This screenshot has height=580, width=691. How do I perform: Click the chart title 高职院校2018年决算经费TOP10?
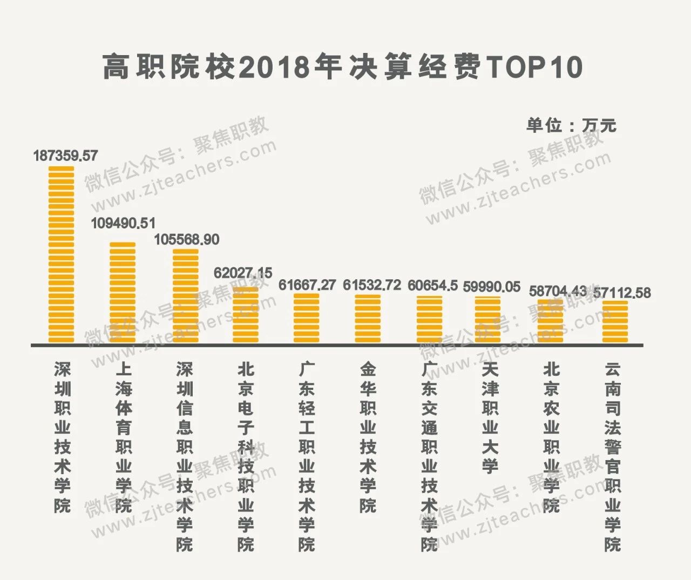(343, 68)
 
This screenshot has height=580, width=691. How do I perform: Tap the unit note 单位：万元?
(571, 125)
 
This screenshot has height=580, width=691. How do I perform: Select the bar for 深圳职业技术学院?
(61, 254)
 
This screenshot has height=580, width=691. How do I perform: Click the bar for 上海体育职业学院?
(123, 292)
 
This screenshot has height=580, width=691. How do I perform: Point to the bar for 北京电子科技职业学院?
(245, 315)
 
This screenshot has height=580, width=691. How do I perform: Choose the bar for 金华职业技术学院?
(368, 318)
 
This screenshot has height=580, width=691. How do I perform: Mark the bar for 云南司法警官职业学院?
(615, 321)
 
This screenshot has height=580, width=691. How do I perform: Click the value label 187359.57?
(65, 156)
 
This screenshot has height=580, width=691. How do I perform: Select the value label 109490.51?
(123, 223)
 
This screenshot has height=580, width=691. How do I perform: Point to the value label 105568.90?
(187, 239)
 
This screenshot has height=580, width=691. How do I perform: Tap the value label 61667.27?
(307, 285)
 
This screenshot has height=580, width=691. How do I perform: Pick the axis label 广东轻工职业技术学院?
(307, 456)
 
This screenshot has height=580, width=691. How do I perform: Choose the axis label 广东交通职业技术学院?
(429, 456)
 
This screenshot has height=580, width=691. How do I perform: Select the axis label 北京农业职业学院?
(551, 437)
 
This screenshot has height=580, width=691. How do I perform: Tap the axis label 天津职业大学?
(490, 417)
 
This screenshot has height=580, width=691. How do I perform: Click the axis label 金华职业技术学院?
(368, 437)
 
